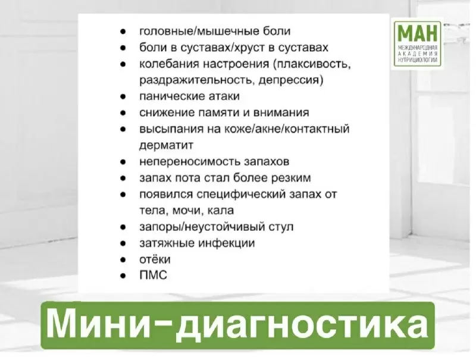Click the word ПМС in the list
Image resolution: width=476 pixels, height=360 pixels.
tap(154, 276)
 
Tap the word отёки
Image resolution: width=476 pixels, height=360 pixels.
tap(155, 259)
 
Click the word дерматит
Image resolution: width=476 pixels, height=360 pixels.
tap(166, 145)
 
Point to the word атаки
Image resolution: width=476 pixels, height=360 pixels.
tap(223, 96)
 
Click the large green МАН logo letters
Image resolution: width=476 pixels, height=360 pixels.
tap(417, 32)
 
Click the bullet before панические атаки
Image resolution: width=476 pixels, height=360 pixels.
tap(122, 96)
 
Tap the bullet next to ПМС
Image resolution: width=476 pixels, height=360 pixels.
tap(122, 276)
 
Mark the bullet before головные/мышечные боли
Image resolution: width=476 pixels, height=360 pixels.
tap(122, 30)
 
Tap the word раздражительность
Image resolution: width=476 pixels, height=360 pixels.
tap(193, 79)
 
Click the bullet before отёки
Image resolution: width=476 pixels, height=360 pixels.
tap(122, 260)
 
